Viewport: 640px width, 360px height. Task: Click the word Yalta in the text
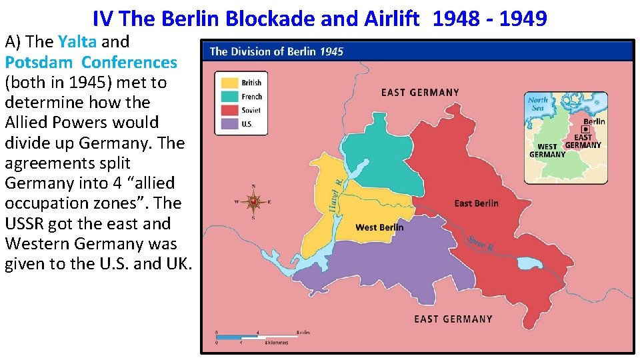pos(77,41)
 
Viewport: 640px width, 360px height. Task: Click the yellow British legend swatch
pos(229,83)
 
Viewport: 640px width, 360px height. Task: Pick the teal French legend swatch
pos(229,97)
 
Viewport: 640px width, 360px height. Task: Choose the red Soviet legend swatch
pos(229,110)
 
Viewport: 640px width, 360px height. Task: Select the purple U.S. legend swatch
pos(229,123)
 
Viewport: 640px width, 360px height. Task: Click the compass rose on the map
pos(253,201)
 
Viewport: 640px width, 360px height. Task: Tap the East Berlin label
pos(476,203)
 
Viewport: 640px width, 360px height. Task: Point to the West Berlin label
pos(379,227)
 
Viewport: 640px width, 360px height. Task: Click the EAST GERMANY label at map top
pos(420,92)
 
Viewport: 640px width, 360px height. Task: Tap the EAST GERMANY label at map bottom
pos(453,319)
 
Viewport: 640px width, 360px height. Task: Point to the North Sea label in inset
pos(537,104)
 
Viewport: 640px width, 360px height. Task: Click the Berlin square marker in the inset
pos(585,130)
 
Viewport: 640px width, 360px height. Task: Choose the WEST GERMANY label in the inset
pos(547,151)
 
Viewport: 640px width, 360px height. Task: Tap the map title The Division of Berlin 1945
pos(277,51)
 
